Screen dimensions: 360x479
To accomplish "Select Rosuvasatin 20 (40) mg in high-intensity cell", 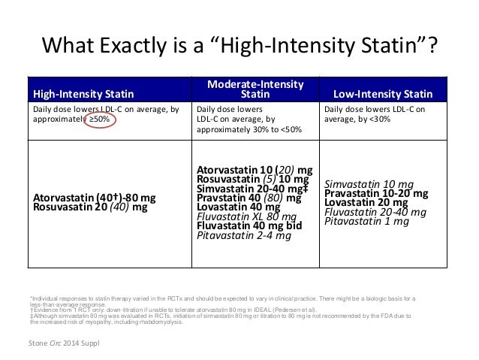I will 90,207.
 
